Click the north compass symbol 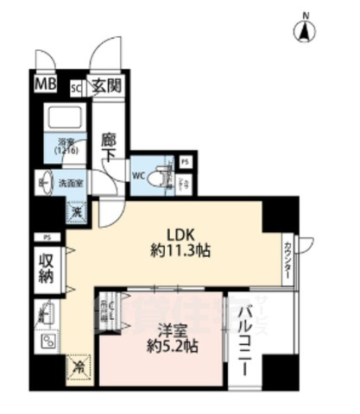[x=306, y=30]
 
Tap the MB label [x=43, y=85]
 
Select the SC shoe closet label [x=75, y=86]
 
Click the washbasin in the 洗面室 [x=44, y=183]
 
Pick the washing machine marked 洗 [x=77, y=209]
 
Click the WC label [x=137, y=178]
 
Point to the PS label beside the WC [x=185, y=161]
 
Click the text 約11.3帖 [x=180, y=251]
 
